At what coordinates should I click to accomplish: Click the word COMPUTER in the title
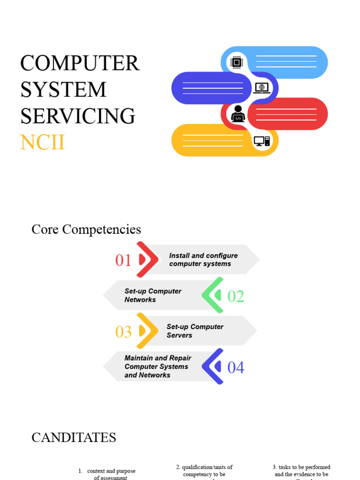pyautogui.click(x=80, y=63)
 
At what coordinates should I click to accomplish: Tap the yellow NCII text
pyautogui.click(x=42, y=142)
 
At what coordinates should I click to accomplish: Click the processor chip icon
pyautogui.click(x=237, y=62)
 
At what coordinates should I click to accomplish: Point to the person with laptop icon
pyautogui.click(x=238, y=114)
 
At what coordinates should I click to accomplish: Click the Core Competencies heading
pyautogui.click(x=86, y=230)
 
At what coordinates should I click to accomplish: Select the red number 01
pyautogui.click(x=123, y=261)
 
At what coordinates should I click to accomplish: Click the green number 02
pyautogui.click(x=236, y=296)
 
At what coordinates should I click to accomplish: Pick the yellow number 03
pyautogui.click(x=123, y=332)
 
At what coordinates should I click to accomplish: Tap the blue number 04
pyautogui.click(x=236, y=368)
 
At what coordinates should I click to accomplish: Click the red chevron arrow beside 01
pyautogui.click(x=146, y=259)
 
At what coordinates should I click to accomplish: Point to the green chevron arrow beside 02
pyautogui.click(x=213, y=295)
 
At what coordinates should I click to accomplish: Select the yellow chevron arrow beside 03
pyautogui.click(x=146, y=331)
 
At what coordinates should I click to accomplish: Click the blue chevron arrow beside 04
pyautogui.click(x=213, y=367)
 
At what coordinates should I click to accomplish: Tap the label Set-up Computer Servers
pyautogui.click(x=195, y=331)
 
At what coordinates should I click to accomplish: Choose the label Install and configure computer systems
pyautogui.click(x=203, y=260)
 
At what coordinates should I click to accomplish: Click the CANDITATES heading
pyautogui.click(x=74, y=438)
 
